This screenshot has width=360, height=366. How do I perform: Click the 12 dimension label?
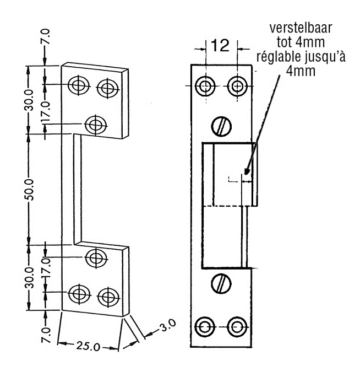coord(220,46)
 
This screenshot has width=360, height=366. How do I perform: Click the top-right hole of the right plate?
coord(237,86)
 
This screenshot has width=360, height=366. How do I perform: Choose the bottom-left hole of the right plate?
coord(206,325)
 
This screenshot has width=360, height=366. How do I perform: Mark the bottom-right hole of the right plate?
coord(237,325)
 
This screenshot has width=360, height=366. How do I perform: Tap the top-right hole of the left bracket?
coord(106,87)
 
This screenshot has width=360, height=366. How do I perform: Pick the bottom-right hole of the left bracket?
coord(106,296)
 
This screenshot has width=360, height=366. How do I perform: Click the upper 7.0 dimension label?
coord(46,37)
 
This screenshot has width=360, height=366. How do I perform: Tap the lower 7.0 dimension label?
coord(46,335)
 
